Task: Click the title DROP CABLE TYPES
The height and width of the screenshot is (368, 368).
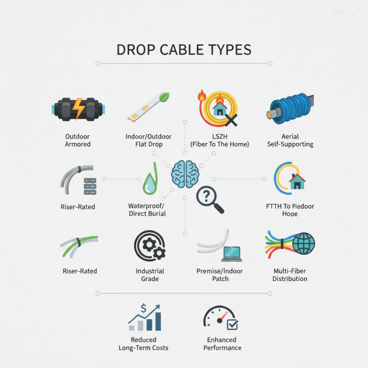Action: coord(184,50)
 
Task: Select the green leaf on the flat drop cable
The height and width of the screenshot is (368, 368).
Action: coord(164,98)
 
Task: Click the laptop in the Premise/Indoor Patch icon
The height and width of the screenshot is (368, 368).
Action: coord(231,253)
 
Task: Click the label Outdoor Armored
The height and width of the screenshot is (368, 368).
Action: coord(77,140)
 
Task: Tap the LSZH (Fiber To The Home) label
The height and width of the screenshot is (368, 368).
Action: coord(219,140)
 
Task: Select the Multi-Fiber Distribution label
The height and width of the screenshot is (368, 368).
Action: coord(290,275)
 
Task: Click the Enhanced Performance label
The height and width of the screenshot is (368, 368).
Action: coord(222,344)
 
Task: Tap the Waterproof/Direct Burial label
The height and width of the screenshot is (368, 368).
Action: coord(147,210)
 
